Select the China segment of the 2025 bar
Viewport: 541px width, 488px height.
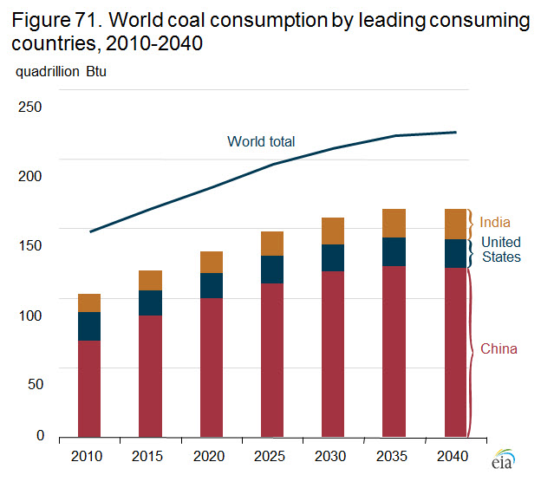[x=272, y=359]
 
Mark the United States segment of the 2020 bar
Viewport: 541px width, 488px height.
[x=212, y=285]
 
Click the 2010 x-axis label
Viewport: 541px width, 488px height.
[x=89, y=456]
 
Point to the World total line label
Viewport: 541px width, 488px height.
[x=261, y=141]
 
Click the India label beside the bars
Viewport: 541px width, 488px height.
[x=495, y=223]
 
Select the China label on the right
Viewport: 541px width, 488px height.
[x=499, y=349]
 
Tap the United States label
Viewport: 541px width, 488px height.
[x=501, y=250]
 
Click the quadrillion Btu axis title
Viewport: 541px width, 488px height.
[x=58, y=71]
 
